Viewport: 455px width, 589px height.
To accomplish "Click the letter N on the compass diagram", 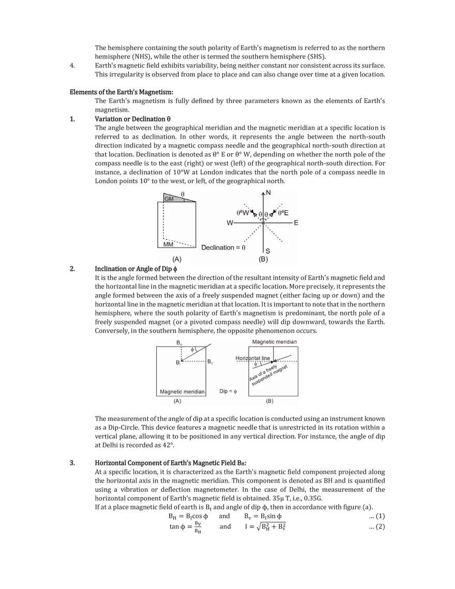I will point(268,192).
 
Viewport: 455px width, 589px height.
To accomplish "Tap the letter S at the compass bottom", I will point(268,251).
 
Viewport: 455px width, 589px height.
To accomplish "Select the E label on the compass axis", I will point(296,223).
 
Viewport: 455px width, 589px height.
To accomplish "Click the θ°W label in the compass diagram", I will point(242,213).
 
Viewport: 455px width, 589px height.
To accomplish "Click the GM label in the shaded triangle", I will point(169,199).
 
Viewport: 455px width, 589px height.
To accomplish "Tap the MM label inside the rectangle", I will point(168,244).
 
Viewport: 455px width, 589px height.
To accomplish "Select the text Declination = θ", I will point(223,247).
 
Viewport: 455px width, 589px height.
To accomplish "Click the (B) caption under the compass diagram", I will point(263,259).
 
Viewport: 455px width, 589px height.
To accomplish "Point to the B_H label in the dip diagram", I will point(178,343).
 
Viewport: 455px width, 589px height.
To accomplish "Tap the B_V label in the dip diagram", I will point(210,362).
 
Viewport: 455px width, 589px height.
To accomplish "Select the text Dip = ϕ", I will point(228,392).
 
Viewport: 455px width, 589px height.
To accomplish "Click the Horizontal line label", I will point(253,358).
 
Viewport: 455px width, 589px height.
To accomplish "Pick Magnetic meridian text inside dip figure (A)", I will point(182,392).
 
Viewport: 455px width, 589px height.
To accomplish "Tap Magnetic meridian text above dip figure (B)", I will point(275,342).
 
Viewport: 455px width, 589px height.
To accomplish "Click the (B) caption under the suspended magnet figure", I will point(269,401).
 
